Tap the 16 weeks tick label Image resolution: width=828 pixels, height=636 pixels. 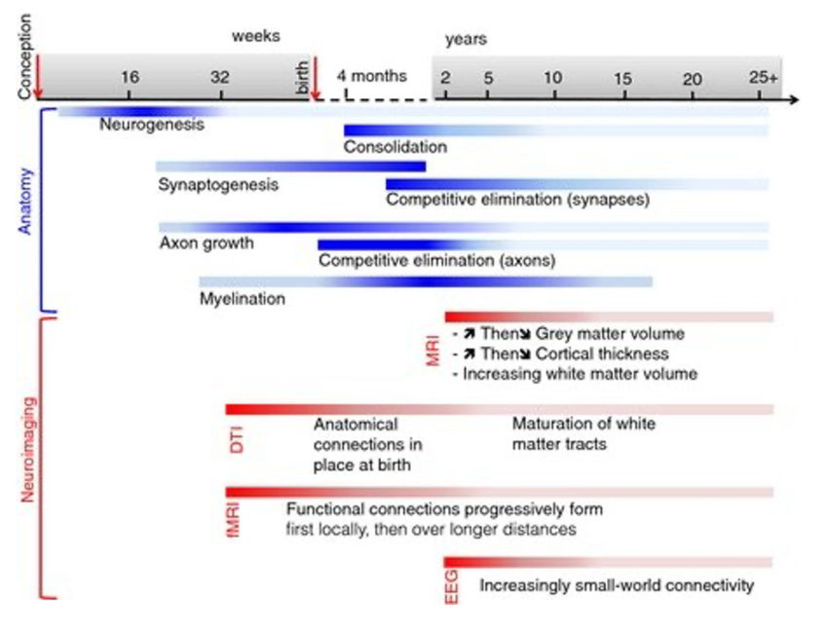point(131,78)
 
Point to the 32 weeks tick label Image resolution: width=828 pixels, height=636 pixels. point(220,78)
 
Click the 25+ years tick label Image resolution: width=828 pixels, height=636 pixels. point(763,78)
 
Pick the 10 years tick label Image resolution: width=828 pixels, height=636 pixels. point(552,78)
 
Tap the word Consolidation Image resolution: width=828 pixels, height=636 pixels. point(395,147)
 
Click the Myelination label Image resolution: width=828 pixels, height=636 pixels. point(243,299)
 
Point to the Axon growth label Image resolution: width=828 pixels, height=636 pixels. point(206,243)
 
